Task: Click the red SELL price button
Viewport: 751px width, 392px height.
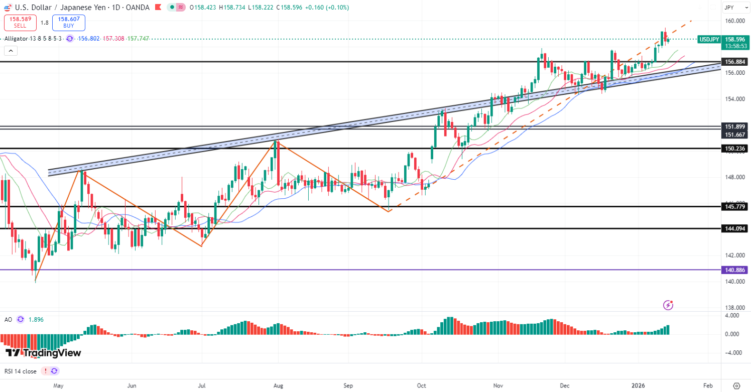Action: point(20,22)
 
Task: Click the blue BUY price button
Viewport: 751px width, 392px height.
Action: point(69,22)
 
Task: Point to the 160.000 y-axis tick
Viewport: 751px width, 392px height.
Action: point(734,21)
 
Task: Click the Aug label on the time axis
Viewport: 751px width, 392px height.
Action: point(279,385)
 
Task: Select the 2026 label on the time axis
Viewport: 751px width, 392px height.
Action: point(638,385)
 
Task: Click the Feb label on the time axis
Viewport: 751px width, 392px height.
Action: point(708,385)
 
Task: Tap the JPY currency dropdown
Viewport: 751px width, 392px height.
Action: point(734,8)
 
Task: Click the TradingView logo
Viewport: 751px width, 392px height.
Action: point(44,353)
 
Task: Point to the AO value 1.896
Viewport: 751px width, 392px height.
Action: point(37,319)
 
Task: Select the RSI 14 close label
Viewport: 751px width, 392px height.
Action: point(20,371)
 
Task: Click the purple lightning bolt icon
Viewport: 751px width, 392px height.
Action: point(668,305)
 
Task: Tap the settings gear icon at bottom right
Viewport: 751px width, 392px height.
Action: point(736,385)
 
